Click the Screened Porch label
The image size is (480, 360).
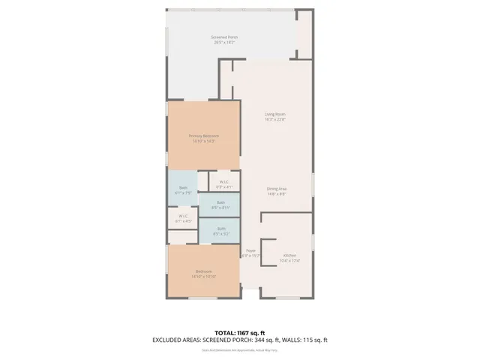pyautogui.click(x=223, y=37)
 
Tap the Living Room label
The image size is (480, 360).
pyautogui.click(x=274, y=114)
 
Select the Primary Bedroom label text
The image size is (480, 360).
pyautogui.click(x=203, y=136)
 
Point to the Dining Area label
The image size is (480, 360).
pyautogui.click(x=277, y=188)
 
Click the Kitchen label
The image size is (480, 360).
pyautogui.click(x=289, y=256)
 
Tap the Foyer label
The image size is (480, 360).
pyautogui.click(x=250, y=250)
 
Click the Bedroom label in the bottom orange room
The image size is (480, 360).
pyautogui.click(x=204, y=271)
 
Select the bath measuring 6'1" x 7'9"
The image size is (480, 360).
pyautogui.click(x=183, y=187)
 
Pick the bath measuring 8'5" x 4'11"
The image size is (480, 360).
pyautogui.click(x=220, y=202)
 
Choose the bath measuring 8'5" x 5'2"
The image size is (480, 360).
pyautogui.click(x=220, y=229)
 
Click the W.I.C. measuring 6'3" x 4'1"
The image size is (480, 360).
pyautogui.click(x=223, y=181)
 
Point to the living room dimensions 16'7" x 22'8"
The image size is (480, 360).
pyautogui.click(x=274, y=119)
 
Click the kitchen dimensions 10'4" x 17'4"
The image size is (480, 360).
pyautogui.click(x=289, y=261)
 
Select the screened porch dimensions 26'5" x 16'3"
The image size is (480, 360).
pyautogui.click(x=223, y=42)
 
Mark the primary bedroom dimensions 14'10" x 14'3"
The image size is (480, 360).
pyautogui.click(x=203, y=141)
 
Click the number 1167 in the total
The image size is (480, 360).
pyautogui.click(x=246, y=332)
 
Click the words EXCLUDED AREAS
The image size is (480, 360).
pyautogui.click(x=176, y=340)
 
